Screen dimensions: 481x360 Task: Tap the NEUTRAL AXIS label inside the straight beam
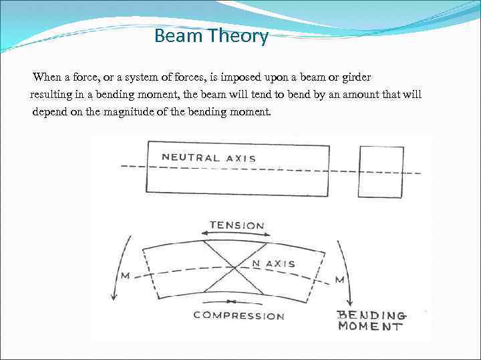click(208, 158)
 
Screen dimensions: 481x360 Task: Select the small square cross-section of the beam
click(381, 172)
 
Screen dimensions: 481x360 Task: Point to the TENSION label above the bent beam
click(236, 225)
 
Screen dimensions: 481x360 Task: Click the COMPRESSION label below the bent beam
click(238, 316)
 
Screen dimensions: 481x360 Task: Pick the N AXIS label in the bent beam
click(273, 264)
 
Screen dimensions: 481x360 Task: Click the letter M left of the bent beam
click(125, 276)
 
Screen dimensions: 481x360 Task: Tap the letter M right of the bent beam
click(339, 279)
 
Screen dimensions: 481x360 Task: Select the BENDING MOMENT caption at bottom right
click(371, 321)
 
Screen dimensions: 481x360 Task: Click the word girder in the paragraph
click(354, 77)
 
